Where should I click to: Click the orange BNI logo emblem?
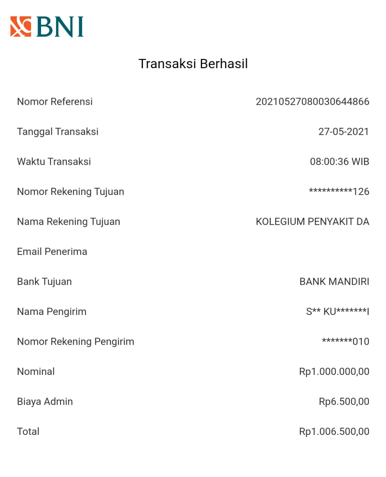point(21,26)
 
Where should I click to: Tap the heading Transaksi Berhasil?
point(193,64)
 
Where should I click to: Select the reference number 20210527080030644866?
point(312,102)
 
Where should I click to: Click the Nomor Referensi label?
point(55,102)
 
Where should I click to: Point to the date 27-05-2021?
point(343,132)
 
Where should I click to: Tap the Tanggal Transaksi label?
point(58,132)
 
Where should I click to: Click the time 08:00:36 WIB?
point(339,162)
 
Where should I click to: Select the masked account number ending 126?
point(339,192)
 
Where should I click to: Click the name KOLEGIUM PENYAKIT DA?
point(312,222)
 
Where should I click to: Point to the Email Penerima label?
point(52,252)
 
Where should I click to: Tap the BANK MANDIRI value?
point(334,282)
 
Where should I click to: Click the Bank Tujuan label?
point(44,282)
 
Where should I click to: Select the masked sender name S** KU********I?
point(338,312)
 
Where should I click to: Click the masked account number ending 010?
point(345,341)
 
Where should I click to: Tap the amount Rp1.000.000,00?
point(334,372)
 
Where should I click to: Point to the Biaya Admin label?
point(45,402)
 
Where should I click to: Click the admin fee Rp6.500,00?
point(344,402)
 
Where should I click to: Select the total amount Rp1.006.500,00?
point(334,432)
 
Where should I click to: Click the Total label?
point(28,432)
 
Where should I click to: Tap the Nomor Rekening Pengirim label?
point(76,342)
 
